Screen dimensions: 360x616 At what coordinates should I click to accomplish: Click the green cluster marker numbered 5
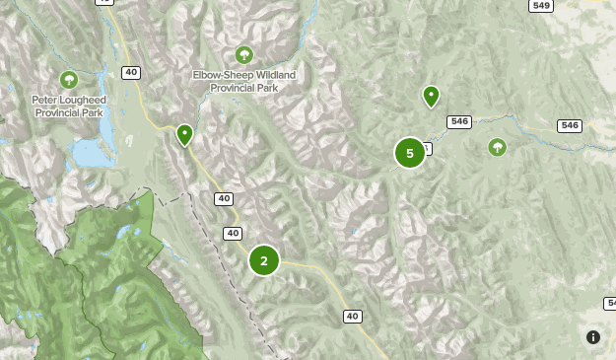point(410,153)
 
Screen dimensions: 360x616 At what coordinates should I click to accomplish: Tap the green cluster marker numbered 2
point(264,260)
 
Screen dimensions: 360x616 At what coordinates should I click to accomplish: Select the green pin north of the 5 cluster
point(431,96)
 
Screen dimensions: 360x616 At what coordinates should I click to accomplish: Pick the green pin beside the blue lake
point(184,134)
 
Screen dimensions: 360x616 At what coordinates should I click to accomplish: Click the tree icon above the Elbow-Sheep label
point(244,54)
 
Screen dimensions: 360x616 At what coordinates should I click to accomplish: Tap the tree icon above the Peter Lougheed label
point(69,79)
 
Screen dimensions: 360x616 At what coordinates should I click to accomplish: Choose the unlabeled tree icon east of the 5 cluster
point(498,147)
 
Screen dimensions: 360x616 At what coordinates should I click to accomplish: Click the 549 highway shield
point(541,6)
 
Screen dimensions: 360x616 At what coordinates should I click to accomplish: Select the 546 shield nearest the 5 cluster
point(458,121)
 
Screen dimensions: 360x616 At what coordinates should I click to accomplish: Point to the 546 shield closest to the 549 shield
point(569,125)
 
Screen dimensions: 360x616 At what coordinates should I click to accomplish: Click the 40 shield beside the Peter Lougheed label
point(131,72)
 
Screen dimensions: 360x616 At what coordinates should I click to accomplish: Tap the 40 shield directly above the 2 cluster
point(233,234)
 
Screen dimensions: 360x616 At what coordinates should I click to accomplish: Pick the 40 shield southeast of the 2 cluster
point(353,316)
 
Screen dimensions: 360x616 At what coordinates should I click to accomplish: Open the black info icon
point(593,337)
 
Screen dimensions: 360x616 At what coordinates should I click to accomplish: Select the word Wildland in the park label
point(275,74)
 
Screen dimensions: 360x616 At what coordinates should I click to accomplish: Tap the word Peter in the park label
point(47,101)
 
